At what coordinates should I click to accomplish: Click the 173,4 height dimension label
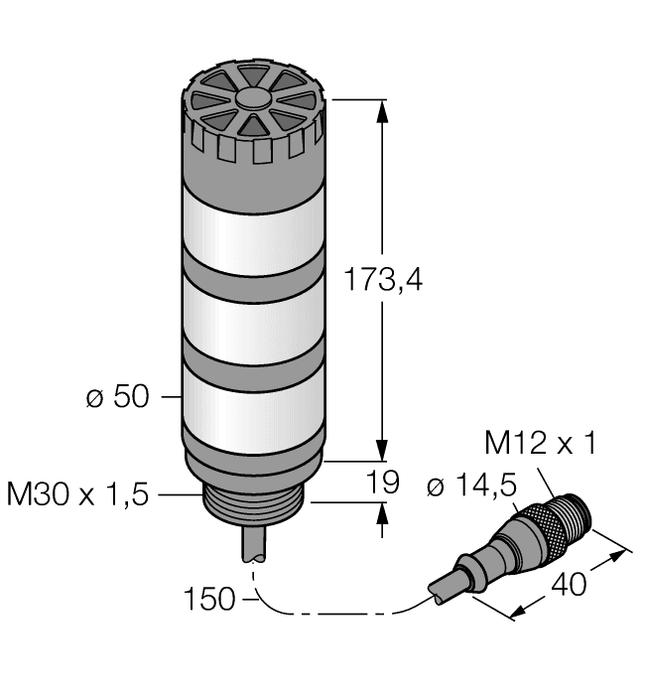[x=383, y=281]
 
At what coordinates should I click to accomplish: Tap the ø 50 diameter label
[x=117, y=397]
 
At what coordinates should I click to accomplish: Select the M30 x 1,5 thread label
[x=77, y=493]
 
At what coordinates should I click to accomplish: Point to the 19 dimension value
[x=383, y=483]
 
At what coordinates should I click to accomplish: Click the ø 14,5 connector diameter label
[x=470, y=486]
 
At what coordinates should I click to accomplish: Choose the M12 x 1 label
[x=541, y=444]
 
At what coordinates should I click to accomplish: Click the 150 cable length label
[x=209, y=599]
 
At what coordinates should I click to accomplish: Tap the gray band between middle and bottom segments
[x=253, y=361]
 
